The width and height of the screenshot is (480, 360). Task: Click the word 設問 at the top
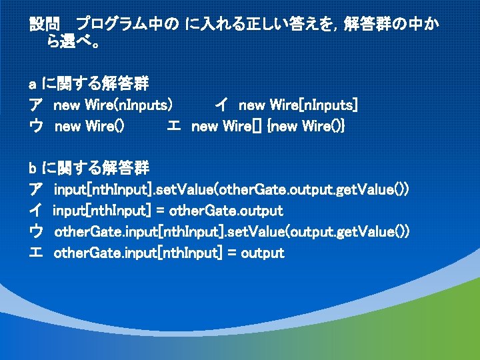click(45, 25)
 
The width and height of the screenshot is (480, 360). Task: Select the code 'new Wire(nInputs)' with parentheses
click(114, 105)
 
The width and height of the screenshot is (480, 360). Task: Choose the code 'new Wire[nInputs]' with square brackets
click(298, 105)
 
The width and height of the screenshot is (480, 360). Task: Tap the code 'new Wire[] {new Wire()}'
click(268, 126)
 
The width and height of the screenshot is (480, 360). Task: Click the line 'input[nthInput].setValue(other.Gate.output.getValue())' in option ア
click(231, 189)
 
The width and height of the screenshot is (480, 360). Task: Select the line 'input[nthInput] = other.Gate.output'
click(168, 211)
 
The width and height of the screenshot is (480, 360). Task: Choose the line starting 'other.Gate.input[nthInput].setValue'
click(231, 231)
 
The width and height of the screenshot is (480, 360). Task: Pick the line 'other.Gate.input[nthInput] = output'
click(169, 253)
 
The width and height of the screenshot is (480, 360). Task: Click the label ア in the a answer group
click(36, 105)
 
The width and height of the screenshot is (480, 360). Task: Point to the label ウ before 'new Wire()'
click(36, 126)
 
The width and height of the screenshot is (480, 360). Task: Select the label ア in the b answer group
click(36, 189)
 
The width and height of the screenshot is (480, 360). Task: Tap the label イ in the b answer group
click(36, 211)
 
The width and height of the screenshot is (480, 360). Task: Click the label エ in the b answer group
click(36, 253)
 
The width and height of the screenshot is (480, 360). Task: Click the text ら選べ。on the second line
click(74, 45)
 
